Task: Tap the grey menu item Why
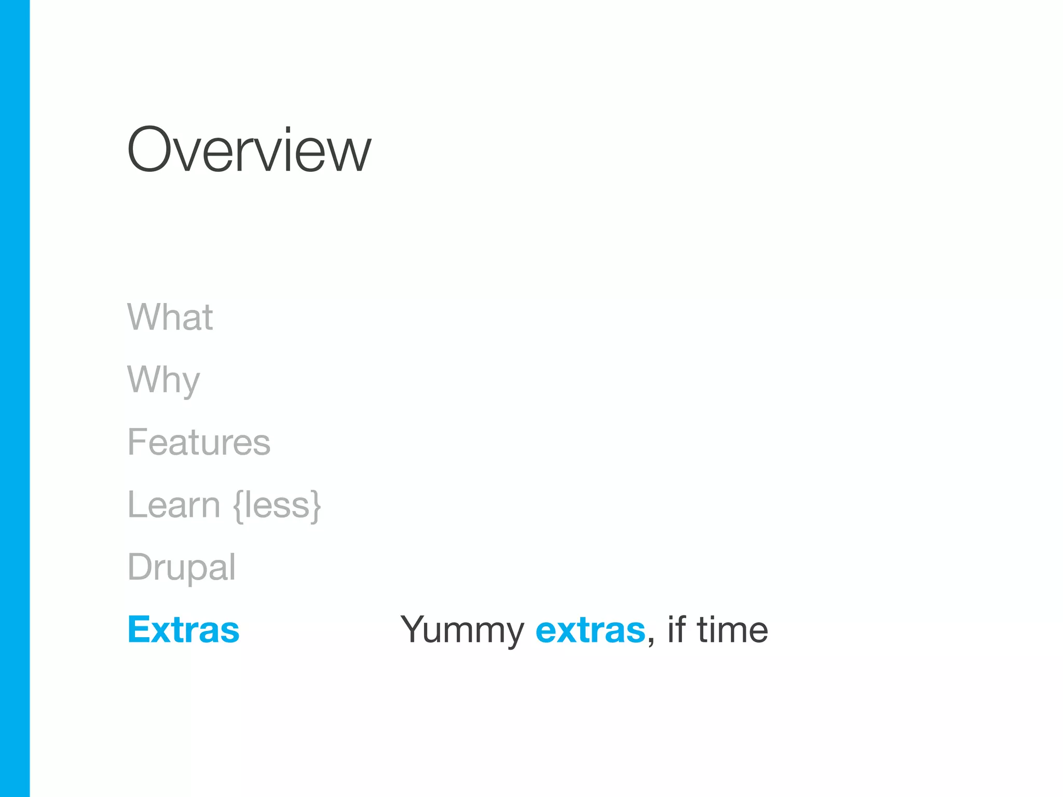click(x=163, y=380)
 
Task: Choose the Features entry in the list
click(x=199, y=442)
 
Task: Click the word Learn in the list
click(x=174, y=505)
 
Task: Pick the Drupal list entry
click(x=182, y=567)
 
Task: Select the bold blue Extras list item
click(x=184, y=629)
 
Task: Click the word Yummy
click(x=462, y=630)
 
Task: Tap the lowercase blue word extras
click(x=590, y=630)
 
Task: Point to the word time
click(x=732, y=630)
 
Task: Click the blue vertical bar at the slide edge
click(x=15, y=398)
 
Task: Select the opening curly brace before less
click(x=238, y=505)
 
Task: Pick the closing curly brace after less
click(x=316, y=505)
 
